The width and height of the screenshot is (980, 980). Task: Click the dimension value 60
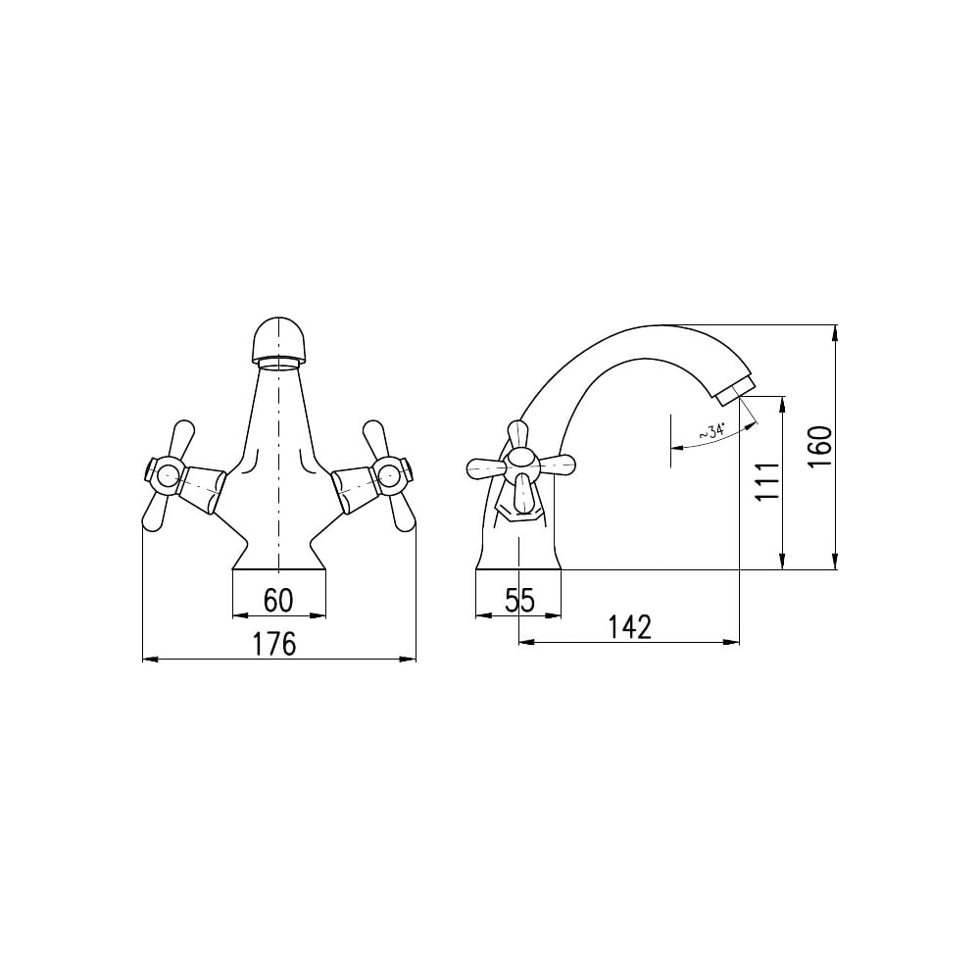pyautogui.click(x=278, y=601)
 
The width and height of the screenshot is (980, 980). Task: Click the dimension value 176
pyautogui.click(x=273, y=644)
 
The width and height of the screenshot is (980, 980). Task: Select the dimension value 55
pyautogui.click(x=520, y=601)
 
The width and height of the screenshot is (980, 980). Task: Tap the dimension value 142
pyautogui.click(x=629, y=627)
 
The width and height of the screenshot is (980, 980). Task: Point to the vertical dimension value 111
pyautogui.click(x=767, y=481)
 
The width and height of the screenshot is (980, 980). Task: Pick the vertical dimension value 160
pyautogui.click(x=820, y=446)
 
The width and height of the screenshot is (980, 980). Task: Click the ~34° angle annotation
pyautogui.click(x=710, y=431)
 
